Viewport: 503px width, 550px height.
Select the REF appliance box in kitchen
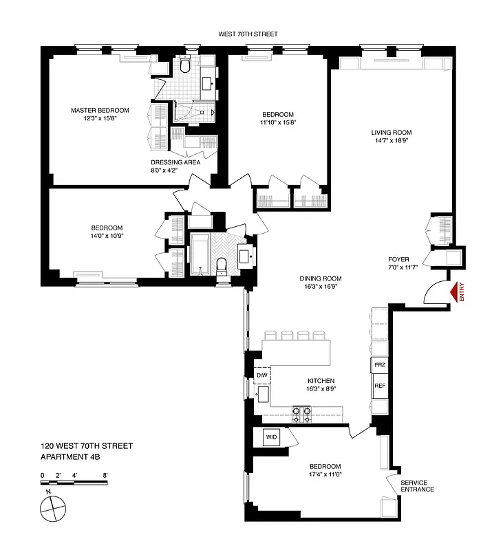379,386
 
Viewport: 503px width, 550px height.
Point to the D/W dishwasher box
262,375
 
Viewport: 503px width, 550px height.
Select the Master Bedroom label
100,110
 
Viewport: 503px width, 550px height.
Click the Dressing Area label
175,162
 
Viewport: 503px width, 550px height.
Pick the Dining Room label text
321,278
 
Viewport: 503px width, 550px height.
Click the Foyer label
398,259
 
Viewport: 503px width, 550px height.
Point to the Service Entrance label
418,485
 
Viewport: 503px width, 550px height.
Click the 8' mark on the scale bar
105,474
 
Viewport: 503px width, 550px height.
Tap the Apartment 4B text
71,456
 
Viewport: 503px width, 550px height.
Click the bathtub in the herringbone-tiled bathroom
201,254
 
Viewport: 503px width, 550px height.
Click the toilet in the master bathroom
184,66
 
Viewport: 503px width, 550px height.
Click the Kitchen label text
321,380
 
